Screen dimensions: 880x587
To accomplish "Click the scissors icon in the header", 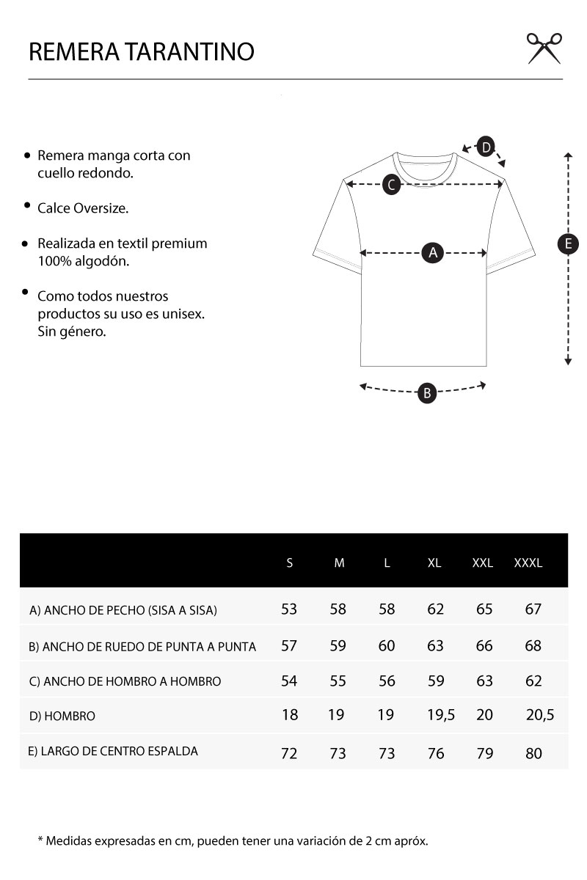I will tap(544, 48).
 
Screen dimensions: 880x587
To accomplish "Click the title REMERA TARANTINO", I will tap(142, 52).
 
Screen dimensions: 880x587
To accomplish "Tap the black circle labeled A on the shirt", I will tap(433, 253).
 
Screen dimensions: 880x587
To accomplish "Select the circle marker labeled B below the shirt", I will tap(427, 393).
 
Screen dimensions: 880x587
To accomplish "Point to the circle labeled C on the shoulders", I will tap(392, 185).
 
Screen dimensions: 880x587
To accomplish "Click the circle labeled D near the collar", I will tap(486, 147).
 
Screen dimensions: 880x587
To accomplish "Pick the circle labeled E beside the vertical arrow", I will tap(568, 244).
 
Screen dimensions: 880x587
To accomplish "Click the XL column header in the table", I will tap(434, 563).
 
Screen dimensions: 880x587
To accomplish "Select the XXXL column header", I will tap(528, 563).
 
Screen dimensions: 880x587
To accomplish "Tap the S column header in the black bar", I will tap(290, 563).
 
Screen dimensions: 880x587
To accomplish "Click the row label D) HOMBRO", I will tap(62, 716).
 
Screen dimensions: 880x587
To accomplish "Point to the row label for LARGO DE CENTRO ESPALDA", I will tap(114, 751).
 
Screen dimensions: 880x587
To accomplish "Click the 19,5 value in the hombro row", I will tap(441, 715).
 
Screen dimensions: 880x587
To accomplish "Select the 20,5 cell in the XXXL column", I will tap(540, 715).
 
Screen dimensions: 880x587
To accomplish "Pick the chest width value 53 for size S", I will tap(289, 609).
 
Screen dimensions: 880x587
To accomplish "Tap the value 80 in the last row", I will tap(533, 753).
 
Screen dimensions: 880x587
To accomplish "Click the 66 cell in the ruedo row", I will tap(484, 646).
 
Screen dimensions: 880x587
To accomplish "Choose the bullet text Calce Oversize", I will tap(83, 208).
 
